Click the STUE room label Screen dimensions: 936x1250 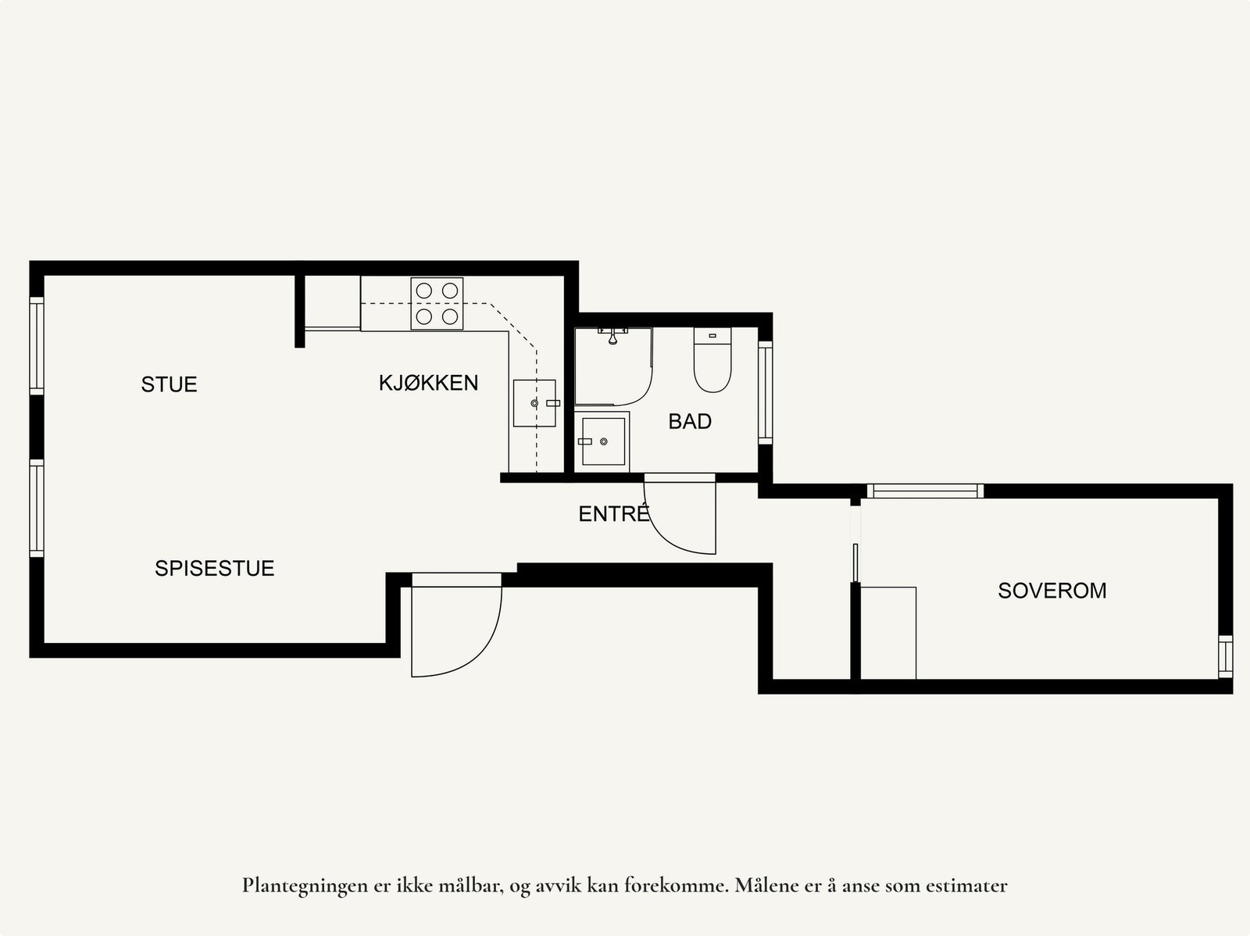coord(169,384)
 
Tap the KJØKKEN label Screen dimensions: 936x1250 coord(428,383)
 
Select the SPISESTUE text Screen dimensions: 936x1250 coord(214,568)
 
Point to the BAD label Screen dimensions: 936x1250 coord(690,422)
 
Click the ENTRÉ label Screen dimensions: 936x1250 coord(614,514)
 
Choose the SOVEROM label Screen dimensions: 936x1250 coord(1052,591)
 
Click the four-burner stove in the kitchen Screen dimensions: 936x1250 coord(437,303)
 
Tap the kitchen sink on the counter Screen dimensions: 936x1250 coord(534,403)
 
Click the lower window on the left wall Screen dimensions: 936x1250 coord(37,508)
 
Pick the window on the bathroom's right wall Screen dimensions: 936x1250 coord(765,392)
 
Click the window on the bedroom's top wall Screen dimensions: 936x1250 coord(924,491)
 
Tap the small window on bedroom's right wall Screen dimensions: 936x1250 coord(1225,656)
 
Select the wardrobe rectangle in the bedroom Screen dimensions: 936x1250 coord(888,633)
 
